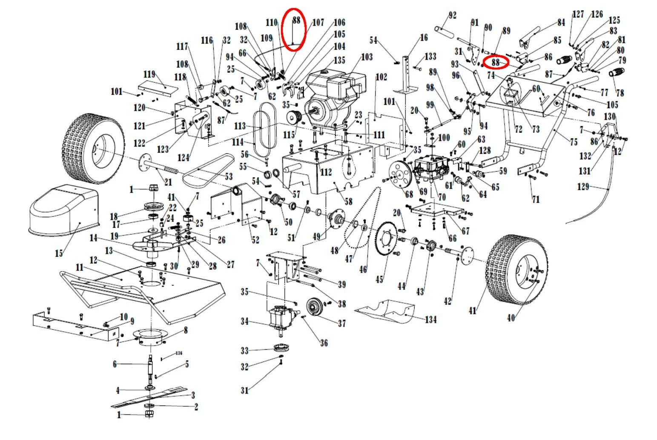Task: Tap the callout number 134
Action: pos(430,319)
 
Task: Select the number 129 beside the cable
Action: pos(583,187)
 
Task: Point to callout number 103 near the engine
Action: pos(367,57)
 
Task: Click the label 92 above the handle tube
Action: pos(452,16)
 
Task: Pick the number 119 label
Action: pos(149,75)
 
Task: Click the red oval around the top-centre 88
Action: pos(294,29)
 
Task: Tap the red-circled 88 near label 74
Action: pos(497,62)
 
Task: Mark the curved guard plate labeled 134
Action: pos(385,310)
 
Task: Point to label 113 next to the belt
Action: pos(240,126)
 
